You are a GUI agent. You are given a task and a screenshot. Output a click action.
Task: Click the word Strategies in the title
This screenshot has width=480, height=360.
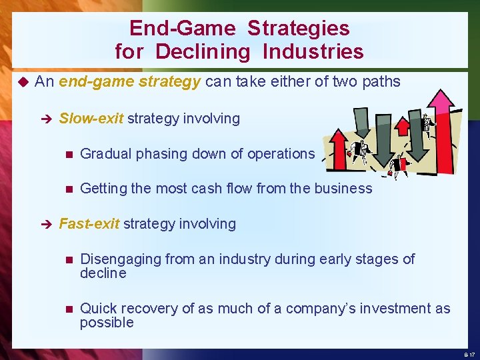[x=298, y=28]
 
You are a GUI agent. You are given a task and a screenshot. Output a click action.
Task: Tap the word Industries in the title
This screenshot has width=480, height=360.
[x=313, y=51]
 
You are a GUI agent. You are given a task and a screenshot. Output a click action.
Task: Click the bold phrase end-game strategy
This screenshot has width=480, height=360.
[x=129, y=82]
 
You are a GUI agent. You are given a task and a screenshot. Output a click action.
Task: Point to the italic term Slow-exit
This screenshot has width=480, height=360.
[x=91, y=119]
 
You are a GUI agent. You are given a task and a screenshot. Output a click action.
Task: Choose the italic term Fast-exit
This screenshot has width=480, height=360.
[x=89, y=224]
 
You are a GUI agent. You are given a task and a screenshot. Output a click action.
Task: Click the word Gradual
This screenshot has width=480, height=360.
[x=105, y=154]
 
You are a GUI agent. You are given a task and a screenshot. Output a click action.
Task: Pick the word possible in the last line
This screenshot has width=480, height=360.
[x=107, y=323]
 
